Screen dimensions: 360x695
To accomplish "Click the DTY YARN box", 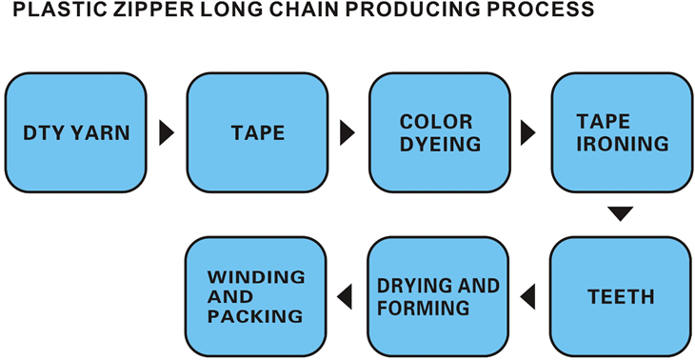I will (76, 132).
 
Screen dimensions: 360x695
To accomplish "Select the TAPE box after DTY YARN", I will (258, 132).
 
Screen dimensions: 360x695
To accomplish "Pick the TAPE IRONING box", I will (621, 132).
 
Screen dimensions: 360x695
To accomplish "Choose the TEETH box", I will (621, 296).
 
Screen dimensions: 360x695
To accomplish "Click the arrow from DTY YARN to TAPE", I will (167, 132).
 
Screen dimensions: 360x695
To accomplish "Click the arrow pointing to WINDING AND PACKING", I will (348, 296).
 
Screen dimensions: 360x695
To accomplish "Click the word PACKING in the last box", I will (255, 315).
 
